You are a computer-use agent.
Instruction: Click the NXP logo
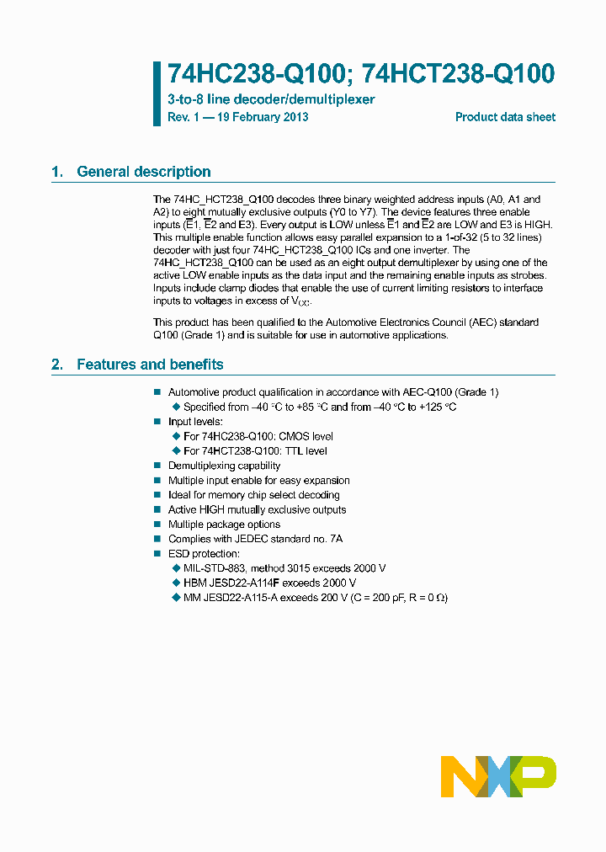pos(498,776)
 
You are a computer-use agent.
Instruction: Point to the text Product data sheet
pos(505,117)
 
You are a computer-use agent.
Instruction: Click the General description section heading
pos(143,172)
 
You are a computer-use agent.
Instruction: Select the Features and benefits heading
pos(150,365)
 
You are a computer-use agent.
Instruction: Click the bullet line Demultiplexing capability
pos(224,466)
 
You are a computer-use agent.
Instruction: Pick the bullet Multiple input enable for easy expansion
pos(258,481)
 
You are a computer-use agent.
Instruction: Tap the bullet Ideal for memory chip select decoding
pos(253,495)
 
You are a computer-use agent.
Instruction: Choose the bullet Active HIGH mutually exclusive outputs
pos(257,509)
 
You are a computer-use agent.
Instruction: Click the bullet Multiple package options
pos(224,525)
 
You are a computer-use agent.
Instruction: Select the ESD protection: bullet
pos(204,554)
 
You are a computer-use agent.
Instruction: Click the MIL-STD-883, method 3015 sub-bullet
pos(284,568)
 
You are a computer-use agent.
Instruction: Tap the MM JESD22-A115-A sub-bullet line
pos(315,598)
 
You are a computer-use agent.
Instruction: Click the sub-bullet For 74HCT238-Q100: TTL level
pos(255,450)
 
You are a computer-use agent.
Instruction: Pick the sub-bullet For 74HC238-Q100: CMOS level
pos(258,436)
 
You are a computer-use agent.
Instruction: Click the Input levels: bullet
pos(195,421)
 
